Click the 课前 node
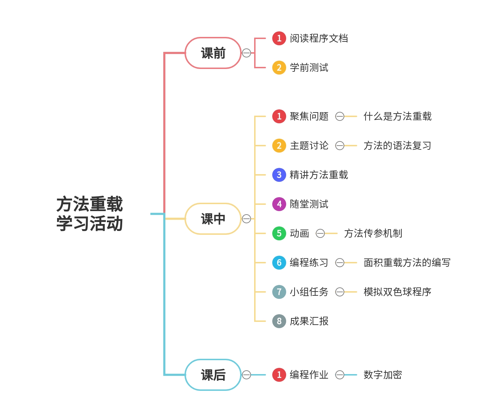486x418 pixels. coord(213,53)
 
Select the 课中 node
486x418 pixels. coord(213,219)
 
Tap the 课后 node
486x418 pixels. coord(213,375)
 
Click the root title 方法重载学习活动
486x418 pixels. coord(89,214)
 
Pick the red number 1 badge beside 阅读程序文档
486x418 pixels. coord(279,38)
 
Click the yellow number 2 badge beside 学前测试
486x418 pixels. coord(279,68)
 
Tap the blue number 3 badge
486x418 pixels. coord(279,175)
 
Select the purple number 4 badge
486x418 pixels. coord(279,204)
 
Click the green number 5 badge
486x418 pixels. coord(279,233)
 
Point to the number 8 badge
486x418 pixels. coord(279,321)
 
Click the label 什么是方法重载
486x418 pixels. coord(397,116)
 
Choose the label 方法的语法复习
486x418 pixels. coord(397,146)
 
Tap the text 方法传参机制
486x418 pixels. coord(373,233)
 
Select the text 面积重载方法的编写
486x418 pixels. coord(407,263)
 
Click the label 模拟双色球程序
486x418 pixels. coord(397,292)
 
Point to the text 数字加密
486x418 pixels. coord(383,375)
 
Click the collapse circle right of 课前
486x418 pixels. coord(246,53)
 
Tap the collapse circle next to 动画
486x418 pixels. coord(320,233)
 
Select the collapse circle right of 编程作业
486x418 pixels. coord(340,375)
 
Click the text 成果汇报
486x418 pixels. coord(309,321)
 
